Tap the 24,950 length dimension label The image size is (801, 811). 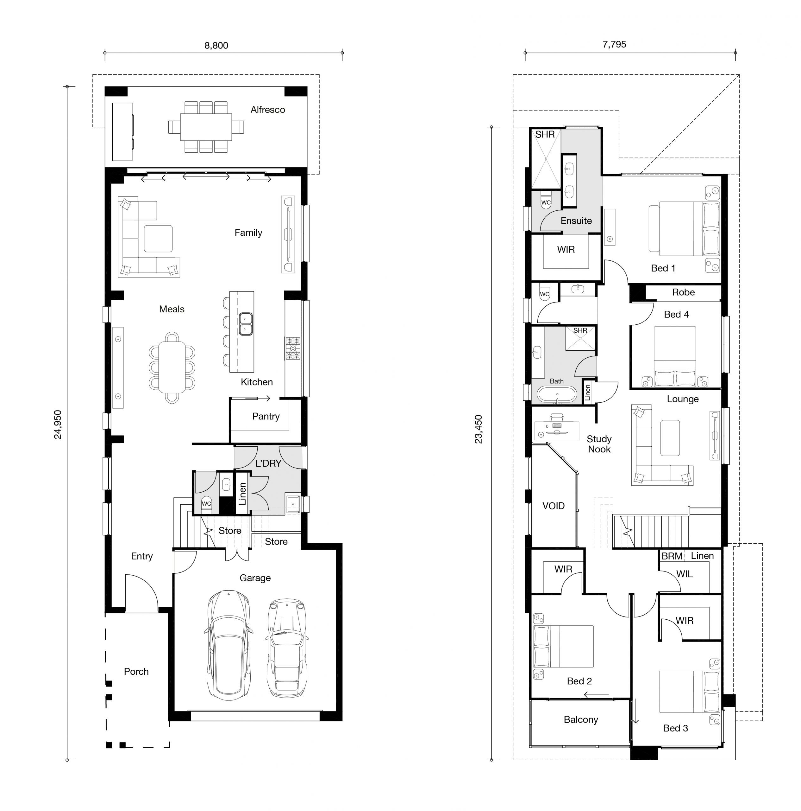(58, 425)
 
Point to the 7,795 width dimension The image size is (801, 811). (614, 44)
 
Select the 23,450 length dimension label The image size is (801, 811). (479, 429)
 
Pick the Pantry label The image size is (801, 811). (266, 416)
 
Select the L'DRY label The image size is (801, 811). (268, 463)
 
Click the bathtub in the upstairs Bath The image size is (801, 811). (557, 395)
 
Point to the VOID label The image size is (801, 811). (553, 506)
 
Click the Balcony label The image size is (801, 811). (580, 719)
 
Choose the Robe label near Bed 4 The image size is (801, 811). (683, 292)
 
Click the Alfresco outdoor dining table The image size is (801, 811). (206, 127)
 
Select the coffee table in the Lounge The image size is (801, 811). (670, 438)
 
